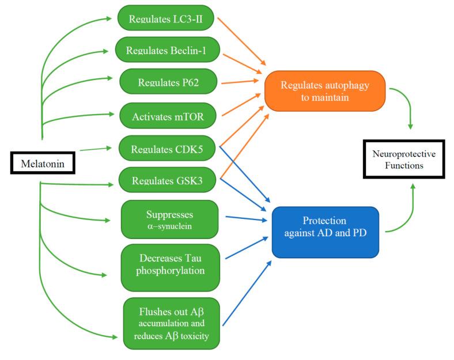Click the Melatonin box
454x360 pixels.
43,164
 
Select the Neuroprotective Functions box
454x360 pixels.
404,160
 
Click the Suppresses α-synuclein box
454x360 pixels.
169,219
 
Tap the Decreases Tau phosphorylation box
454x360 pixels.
170,266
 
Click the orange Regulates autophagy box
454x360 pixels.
324,90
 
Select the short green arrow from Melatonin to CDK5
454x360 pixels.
97,150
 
